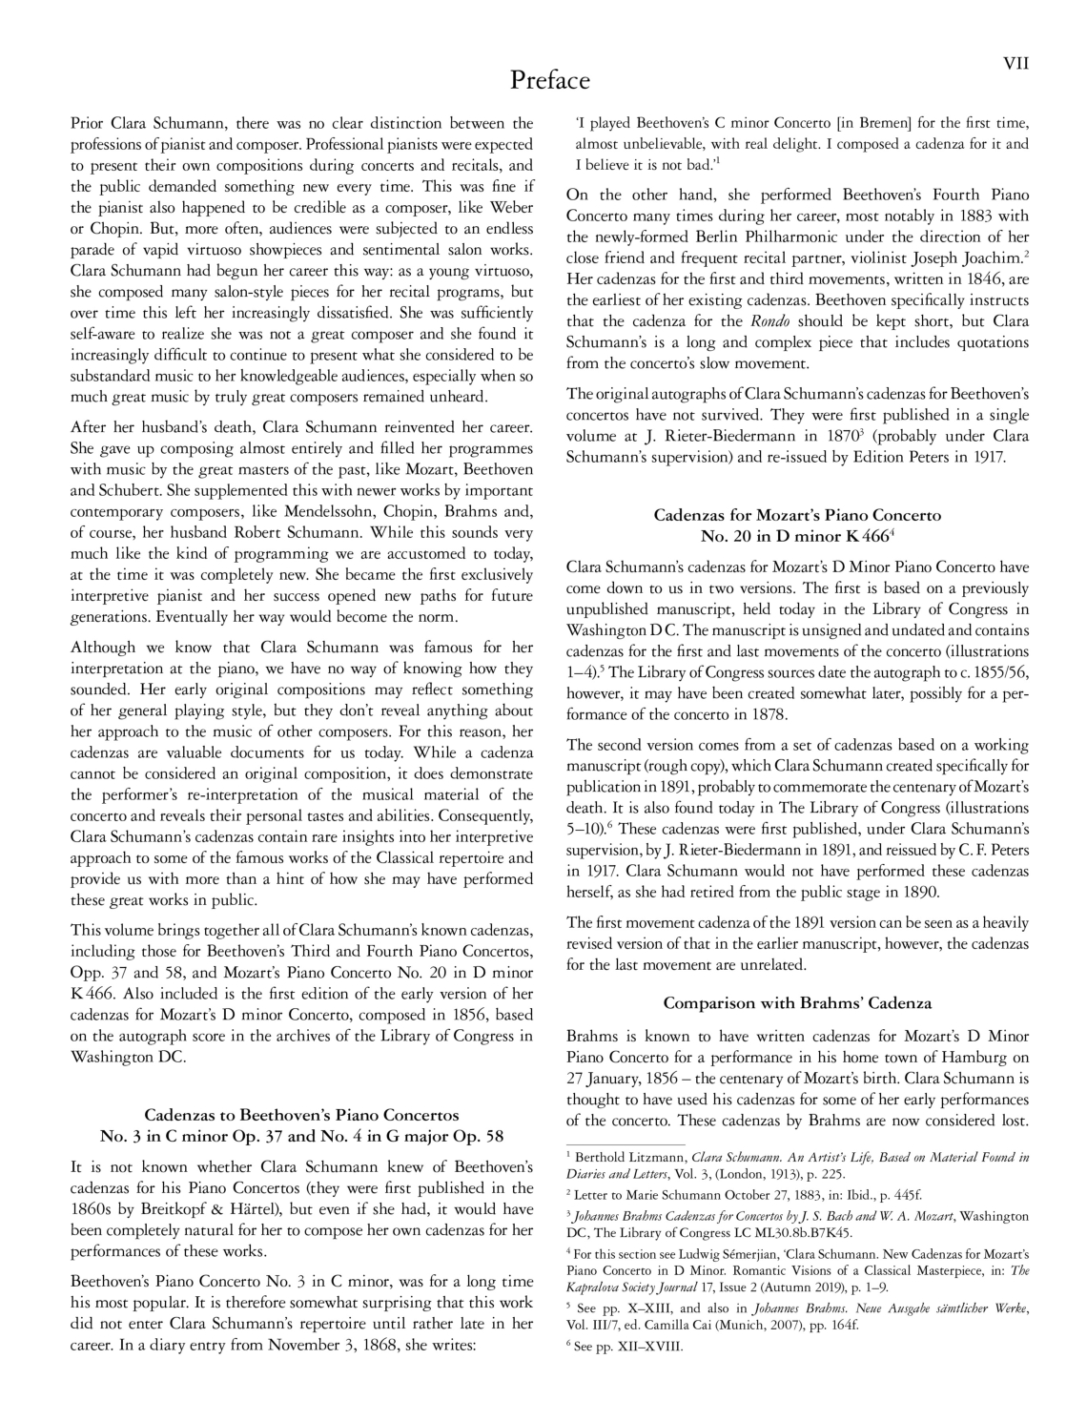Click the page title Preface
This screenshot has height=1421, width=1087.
[550, 80]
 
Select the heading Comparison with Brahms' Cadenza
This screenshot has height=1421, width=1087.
[797, 1002]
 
